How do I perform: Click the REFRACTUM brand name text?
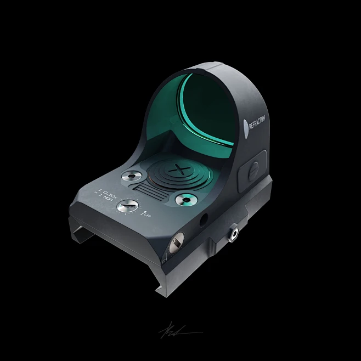(257, 123)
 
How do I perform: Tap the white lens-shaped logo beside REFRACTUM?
(246, 126)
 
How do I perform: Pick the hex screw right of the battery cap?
(187, 200)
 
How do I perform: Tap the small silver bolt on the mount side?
(234, 233)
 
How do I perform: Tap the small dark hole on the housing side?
(204, 219)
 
